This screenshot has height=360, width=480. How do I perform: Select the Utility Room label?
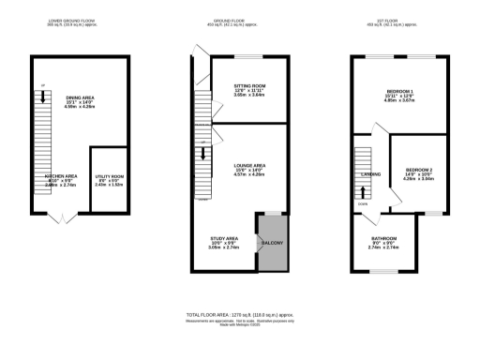click(x=111, y=175)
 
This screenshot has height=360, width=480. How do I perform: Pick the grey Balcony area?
click(x=272, y=245)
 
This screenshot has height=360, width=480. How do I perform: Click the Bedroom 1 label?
click(x=407, y=91)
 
